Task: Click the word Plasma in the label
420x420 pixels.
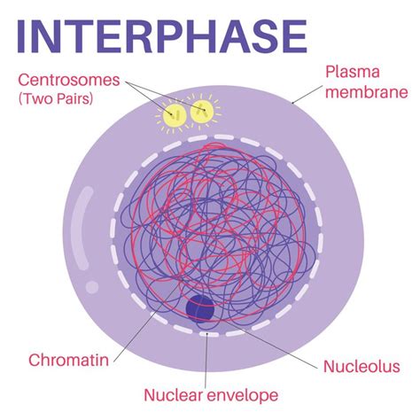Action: pyautogui.click(x=352, y=71)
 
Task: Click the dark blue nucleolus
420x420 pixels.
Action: pyautogui.click(x=201, y=309)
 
